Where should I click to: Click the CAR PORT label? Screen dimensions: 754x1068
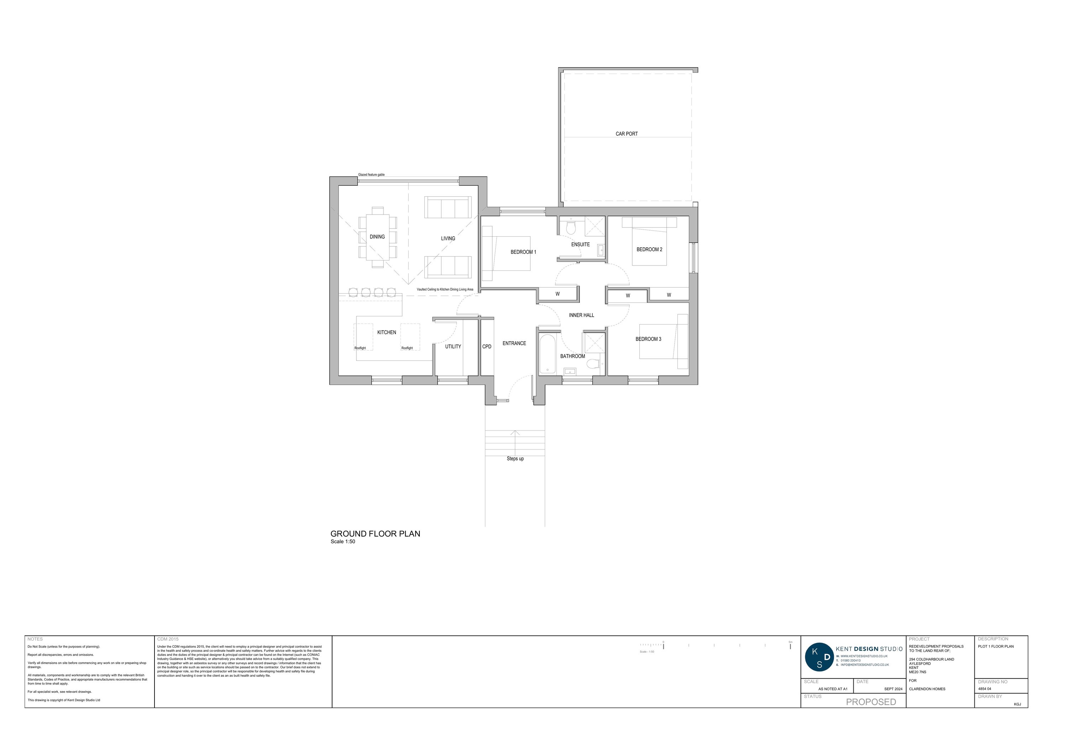[x=627, y=134]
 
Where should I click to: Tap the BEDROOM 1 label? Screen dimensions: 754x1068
[x=523, y=252]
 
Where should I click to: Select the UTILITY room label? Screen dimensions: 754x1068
[x=453, y=346]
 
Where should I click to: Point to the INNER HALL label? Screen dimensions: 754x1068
[x=581, y=315]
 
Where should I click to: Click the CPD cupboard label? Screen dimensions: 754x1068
[x=487, y=346]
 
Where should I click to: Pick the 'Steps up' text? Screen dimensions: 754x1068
[x=515, y=459]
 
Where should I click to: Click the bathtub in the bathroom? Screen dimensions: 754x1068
[x=548, y=354]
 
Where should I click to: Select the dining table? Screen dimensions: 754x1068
[x=377, y=237]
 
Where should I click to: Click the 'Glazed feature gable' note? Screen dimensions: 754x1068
[x=371, y=175]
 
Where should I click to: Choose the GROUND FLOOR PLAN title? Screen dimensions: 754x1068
[x=375, y=534]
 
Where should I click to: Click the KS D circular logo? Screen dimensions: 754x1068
[x=820, y=657]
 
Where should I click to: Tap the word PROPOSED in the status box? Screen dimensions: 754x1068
[x=871, y=702]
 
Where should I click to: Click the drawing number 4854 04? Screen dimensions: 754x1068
[x=985, y=689]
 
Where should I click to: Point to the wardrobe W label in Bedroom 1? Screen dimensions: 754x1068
[x=557, y=294]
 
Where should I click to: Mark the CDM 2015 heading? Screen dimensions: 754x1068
[x=168, y=639]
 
